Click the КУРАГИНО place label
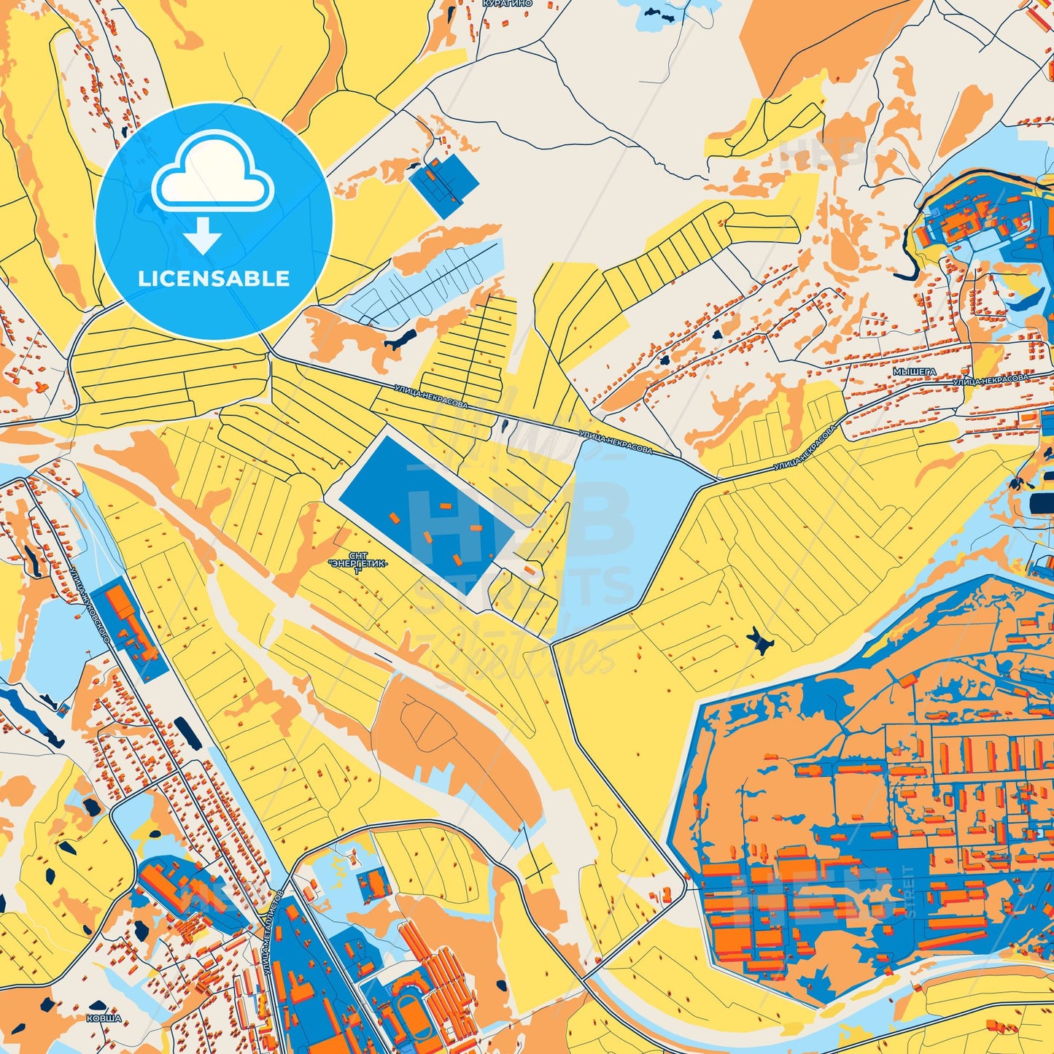click(507, 4)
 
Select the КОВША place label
click(104, 1018)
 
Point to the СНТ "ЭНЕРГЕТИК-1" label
click(357, 564)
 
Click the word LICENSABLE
click(214, 279)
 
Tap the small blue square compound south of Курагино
click(443, 184)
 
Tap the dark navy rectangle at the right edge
click(1042, 504)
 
